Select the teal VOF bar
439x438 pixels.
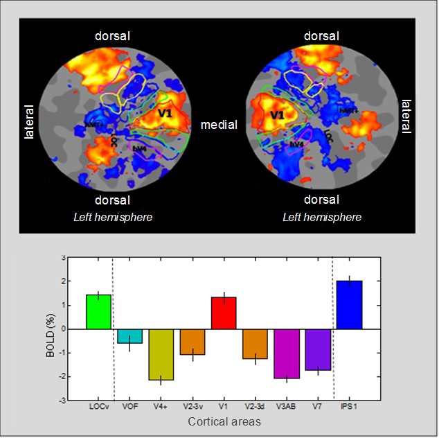point(129,335)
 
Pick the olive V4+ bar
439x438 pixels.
point(161,354)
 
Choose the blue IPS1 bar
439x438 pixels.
point(349,304)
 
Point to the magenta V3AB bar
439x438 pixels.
point(287,353)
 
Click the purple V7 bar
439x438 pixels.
point(318,349)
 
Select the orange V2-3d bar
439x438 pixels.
point(255,344)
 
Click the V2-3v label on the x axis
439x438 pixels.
point(192,407)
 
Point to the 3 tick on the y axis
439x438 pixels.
point(64,258)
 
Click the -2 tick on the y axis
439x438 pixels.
point(62,377)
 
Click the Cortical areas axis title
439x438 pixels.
point(223,421)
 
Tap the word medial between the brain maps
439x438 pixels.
point(219,125)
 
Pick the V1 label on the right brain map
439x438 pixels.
point(278,114)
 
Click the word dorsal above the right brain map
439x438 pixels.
point(321,35)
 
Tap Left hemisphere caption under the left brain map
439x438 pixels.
point(113,217)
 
